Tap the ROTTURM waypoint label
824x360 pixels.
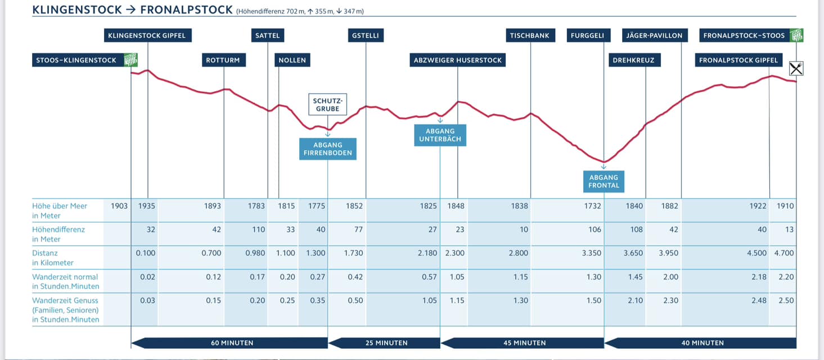coord(223,60)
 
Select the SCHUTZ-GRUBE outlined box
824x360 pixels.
coord(327,105)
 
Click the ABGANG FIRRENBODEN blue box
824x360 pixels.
coord(328,149)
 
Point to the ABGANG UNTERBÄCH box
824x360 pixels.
coord(440,135)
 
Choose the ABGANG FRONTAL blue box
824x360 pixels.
coord(604,181)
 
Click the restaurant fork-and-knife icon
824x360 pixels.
coord(796,69)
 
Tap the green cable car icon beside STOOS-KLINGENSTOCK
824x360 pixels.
coord(130,60)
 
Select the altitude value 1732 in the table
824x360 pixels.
coord(592,206)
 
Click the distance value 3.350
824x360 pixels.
coord(592,253)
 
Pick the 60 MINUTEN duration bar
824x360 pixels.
coord(229,343)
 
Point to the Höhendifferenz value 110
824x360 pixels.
coord(256,229)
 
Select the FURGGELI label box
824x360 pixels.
coord(587,35)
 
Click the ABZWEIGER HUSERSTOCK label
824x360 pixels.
coord(457,60)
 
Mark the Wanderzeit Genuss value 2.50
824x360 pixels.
coord(786,300)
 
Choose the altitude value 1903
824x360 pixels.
coord(120,206)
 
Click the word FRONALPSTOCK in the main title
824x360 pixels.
coord(186,10)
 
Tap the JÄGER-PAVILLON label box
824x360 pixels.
coord(654,35)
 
